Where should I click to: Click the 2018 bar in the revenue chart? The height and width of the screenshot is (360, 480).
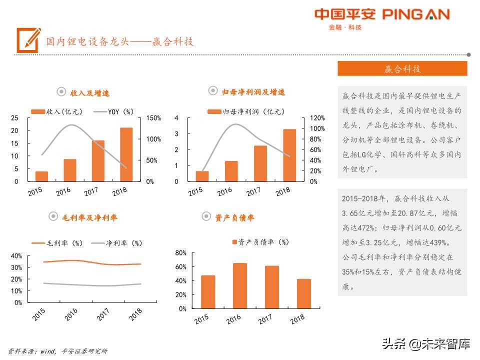point(126,154)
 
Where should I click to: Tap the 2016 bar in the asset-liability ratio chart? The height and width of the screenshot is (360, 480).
point(240,285)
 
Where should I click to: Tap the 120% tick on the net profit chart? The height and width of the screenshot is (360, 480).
point(316,118)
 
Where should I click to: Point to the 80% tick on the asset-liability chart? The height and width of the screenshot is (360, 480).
point(180,253)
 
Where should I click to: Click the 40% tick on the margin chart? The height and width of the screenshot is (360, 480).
point(16,256)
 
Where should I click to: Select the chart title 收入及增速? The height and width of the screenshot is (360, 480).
point(89,93)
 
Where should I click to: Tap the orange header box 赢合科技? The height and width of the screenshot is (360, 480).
point(402,69)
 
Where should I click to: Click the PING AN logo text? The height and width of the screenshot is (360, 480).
point(416,14)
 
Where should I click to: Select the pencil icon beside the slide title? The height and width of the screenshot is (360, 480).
point(28,39)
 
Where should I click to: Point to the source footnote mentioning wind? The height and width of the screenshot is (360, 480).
point(57,351)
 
